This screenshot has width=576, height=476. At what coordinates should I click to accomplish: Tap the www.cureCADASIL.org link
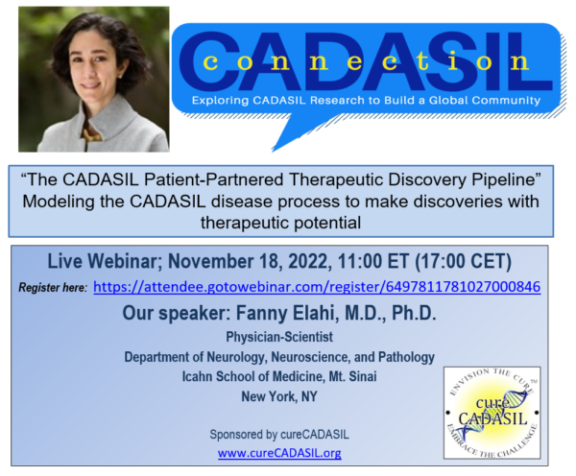(x=279, y=453)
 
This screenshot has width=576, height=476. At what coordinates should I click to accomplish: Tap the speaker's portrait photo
(x=87, y=79)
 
